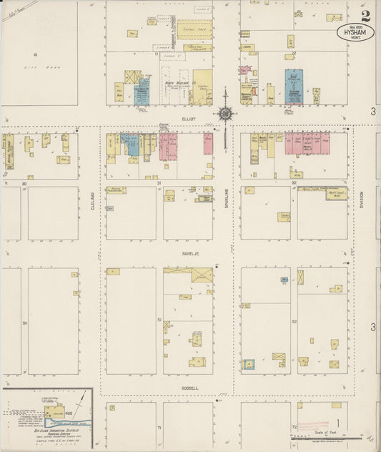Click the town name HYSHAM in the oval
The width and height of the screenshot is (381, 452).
click(355, 33)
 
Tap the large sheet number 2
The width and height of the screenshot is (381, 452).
click(366, 16)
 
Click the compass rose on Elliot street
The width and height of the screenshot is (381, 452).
click(226, 112)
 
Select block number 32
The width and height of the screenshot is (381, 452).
click(294, 183)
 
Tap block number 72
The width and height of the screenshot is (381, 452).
click(294, 427)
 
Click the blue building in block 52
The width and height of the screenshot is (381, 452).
click(284, 280)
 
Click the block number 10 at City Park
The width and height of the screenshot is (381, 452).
click(34, 54)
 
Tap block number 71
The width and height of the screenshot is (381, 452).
click(159, 427)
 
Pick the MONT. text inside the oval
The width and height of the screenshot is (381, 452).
click(355, 40)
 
